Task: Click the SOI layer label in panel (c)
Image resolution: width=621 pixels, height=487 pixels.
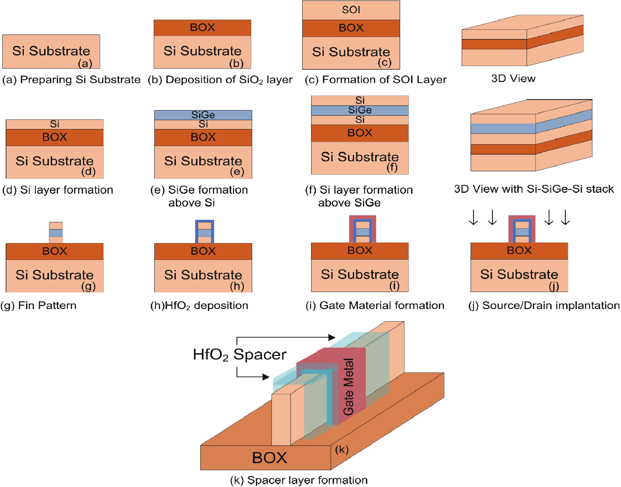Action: click(351, 10)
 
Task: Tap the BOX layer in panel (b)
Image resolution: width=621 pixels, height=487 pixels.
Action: click(202, 27)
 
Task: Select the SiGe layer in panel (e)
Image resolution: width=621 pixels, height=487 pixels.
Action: click(203, 115)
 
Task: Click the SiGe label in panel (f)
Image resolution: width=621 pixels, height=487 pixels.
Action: click(360, 110)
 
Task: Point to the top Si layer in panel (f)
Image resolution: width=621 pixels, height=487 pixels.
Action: click(360, 100)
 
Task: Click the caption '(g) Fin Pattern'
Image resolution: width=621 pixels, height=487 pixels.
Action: click(38, 305)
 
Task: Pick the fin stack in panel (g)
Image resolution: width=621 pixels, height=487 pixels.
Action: click(56, 233)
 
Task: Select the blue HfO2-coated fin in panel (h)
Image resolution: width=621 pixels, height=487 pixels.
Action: click(204, 231)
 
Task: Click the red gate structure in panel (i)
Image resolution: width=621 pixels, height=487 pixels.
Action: click(362, 229)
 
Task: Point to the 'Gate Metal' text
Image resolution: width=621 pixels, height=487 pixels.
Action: click(348, 387)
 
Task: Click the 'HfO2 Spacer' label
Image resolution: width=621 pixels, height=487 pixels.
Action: click(240, 355)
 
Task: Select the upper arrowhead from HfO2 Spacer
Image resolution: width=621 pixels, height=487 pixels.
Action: click(332, 337)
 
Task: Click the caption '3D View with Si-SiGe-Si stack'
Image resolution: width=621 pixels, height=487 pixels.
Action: click(533, 189)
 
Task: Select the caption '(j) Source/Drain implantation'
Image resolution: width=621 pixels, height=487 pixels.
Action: click(544, 305)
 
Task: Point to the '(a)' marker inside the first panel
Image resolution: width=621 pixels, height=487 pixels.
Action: click(85, 63)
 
